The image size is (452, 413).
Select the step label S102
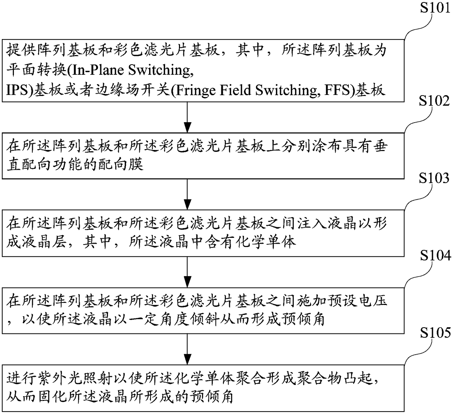pyautogui.click(x=435, y=101)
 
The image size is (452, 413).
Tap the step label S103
pyautogui.click(x=435, y=178)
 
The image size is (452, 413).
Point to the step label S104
pyautogui.click(x=435, y=256)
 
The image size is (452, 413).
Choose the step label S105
pyautogui.click(x=435, y=333)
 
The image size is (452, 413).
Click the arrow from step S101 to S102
pyautogui.click(x=187, y=117)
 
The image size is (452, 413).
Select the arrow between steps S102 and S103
pyautogui.click(x=187, y=194)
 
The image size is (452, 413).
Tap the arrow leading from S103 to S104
pyautogui.click(x=187, y=272)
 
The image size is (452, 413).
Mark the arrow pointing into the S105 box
pyautogui.click(x=187, y=349)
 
